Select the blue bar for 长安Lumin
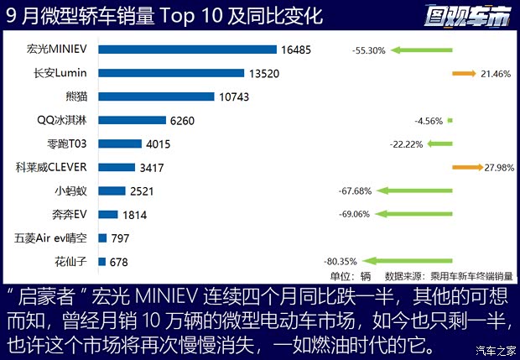tap(171, 73)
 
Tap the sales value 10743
tap(236, 97)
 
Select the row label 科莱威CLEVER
tap(56, 167)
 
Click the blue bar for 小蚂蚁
tap(112, 190)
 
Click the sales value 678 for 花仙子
tap(118, 262)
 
